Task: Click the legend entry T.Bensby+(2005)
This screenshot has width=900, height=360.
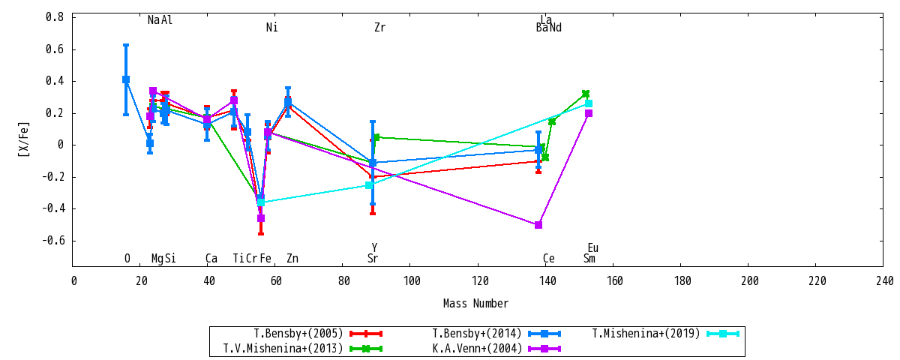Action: (298, 334)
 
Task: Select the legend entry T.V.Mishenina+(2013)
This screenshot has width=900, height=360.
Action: (283, 348)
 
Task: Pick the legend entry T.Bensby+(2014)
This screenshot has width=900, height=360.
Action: (476, 334)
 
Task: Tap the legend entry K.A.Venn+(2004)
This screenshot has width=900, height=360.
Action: (476, 348)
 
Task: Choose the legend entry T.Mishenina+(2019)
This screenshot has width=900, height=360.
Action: (646, 334)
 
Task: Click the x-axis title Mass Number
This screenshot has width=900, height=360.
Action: (475, 303)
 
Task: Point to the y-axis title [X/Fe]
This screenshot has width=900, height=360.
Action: (24, 139)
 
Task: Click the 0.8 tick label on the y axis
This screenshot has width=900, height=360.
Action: (54, 16)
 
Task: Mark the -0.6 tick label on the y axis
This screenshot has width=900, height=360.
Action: (52, 241)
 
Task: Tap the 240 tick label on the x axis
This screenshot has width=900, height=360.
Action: (884, 280)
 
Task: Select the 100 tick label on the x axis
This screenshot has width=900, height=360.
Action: (412, 280)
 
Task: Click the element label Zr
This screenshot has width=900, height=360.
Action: (379, 27)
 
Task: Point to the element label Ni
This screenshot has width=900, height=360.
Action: (271, 27)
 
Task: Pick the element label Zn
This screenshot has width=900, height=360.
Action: (292, 258)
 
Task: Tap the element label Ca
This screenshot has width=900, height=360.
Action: (211, 258)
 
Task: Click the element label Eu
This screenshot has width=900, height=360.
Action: (592, 248)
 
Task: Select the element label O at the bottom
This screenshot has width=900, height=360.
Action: (127, 258)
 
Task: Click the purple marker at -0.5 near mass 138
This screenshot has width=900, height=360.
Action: (538, 224)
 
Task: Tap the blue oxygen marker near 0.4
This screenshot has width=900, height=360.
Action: (126, 79)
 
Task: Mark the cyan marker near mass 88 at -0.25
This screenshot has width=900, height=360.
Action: (369, 185)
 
